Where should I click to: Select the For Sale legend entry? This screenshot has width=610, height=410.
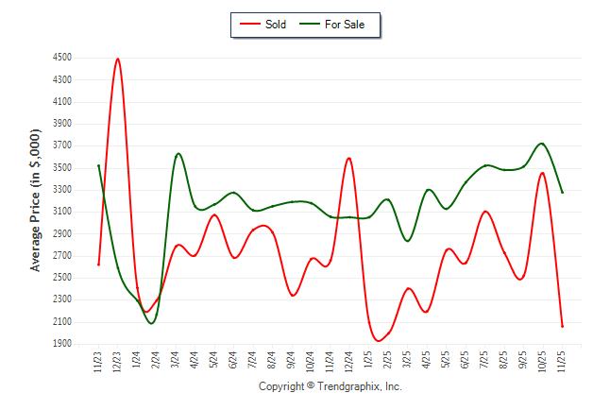tap(336, 25)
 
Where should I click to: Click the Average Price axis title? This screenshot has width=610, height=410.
tap(36, 201)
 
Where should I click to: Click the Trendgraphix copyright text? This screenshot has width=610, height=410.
tap(330, 387)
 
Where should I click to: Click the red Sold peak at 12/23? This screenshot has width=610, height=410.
tap(118, 59)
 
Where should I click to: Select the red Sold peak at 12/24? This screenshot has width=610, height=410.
tap(349, 158)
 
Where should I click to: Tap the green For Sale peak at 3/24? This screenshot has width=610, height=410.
tap(178, 153)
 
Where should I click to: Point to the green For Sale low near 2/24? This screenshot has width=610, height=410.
tap(151, 323)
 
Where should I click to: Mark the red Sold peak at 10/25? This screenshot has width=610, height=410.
tap(542, 173)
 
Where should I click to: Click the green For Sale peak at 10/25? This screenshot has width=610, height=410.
tap(541, 144)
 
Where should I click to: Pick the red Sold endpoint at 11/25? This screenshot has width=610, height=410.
tap(562, 326)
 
